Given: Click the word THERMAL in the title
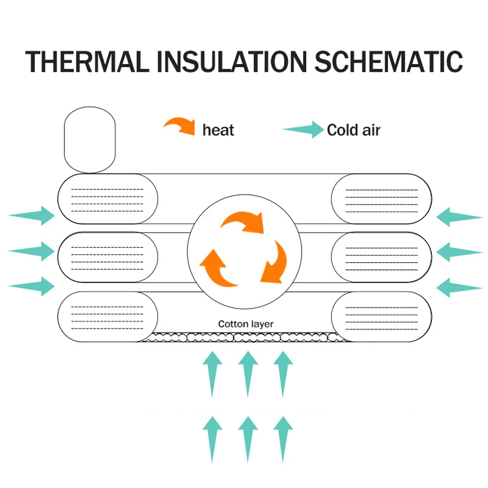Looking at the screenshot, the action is (x=87, y=61).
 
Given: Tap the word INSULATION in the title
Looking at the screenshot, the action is (x=232, y=61).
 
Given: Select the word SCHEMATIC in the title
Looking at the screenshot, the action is (x=389, y=61).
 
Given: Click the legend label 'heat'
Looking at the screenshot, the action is (x=218, y=130).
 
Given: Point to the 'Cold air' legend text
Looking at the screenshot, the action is (x=353, y=130).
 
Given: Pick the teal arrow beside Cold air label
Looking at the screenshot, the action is (x=304, y=129).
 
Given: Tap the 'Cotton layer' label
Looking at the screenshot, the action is (x=245, y=324).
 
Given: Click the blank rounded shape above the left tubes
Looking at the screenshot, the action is (x=90, y=140).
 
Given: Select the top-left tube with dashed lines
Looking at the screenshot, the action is (x=108, y=199).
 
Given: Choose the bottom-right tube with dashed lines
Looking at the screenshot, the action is (x=382, y=317).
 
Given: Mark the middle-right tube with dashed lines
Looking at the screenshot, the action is (x=382, y=257).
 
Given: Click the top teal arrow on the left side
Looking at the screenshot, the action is (x=31, y=215).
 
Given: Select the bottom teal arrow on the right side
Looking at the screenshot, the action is (x=459, y=287).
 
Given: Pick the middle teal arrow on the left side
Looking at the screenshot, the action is (x=31, y=251).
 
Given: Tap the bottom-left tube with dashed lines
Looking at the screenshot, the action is (x=108, y=317).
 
